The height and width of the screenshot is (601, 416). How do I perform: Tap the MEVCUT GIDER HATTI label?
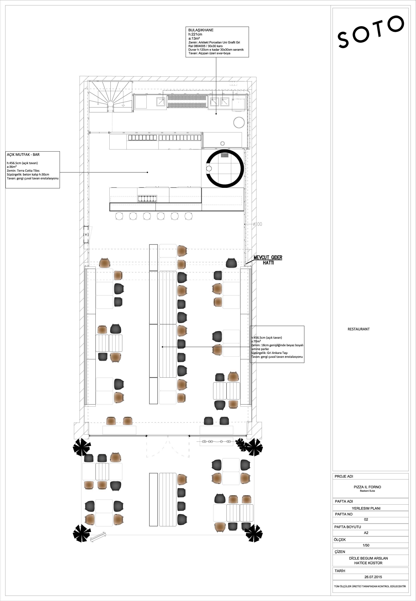pyautogui.click(x=268, y=260)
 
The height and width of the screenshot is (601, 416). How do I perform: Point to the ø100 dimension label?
pyautogui.click(x=258, y=224)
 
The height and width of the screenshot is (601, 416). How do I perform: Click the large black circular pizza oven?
pyautogui.click(x=225, y=169)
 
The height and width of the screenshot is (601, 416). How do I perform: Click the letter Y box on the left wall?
pyautogui.click(x=86, y=235)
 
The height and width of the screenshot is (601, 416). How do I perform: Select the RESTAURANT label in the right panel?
pyautogui.click(x=358, y=329)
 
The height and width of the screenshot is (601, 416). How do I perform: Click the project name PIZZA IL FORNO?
pyautogui.click(x=367, y=487)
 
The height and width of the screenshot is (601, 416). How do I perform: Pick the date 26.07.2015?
pyautogui.click(x=373, y=577)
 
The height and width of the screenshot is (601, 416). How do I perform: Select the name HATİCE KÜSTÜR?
pyautogui.click(x=368, y=563)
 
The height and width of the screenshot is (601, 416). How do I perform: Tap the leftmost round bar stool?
pyautogui.click(x=119, y=216)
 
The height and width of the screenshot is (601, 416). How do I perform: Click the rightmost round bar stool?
pyautogui.click(x=188, y=216)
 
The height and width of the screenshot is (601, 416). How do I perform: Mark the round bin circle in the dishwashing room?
pyautogui.click(x=239, y=122)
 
